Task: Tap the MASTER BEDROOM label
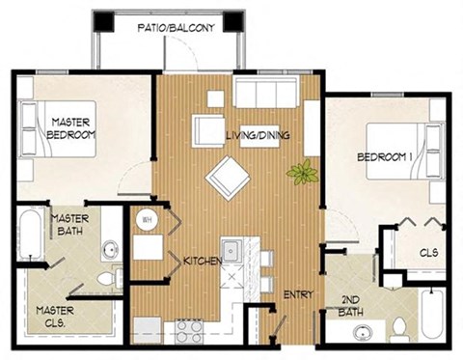[70, 128]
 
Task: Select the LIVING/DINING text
[258, 135]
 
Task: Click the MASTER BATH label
[70, 226]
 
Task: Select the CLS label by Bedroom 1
[429, 253]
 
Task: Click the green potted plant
[302, 174]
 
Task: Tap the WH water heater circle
[148, 221]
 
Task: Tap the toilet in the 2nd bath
[398, 329]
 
